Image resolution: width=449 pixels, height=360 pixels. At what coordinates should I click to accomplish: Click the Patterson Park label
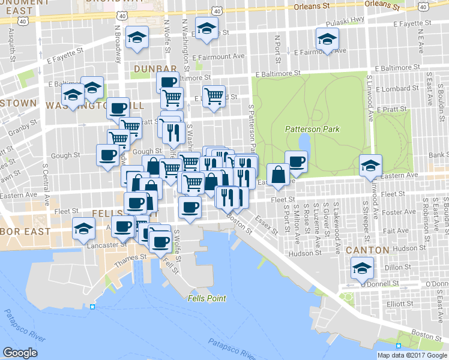[x=312, y=129]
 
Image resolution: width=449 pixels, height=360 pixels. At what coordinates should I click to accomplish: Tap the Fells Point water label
[x=206, y=298]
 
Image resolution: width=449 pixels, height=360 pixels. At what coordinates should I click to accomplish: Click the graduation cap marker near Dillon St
[x=362, y=268]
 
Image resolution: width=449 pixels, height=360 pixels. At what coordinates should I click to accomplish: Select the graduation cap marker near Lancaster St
[x=83, y=227]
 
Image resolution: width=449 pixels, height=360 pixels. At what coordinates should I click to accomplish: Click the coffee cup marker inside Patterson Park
[x=296, y=160]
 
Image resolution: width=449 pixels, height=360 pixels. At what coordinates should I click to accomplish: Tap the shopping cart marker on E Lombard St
[x=214, y=96]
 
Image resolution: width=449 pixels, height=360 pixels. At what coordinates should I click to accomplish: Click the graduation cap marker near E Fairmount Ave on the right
[x=327, y=41]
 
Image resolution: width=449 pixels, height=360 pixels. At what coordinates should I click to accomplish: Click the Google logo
[x=20, y=353]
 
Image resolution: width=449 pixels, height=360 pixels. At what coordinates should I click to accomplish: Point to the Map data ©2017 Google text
[x=412, y=355]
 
